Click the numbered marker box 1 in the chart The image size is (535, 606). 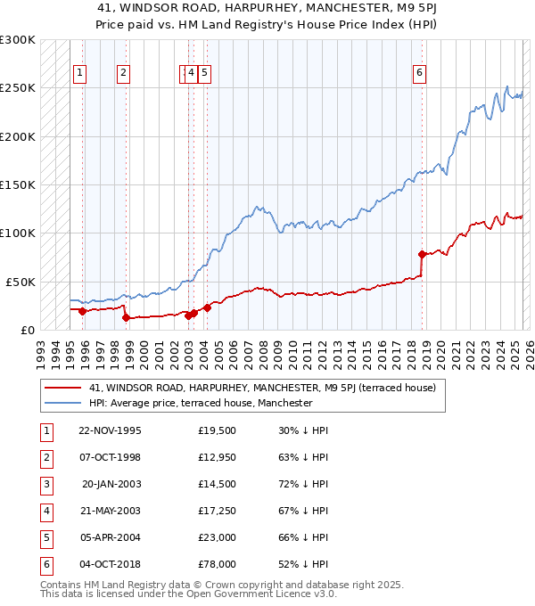(x=80, y=74)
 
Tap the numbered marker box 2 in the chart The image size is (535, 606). (x=123, y=74)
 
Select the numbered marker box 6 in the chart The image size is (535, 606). (x=419, y=74)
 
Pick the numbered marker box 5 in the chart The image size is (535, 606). (x=204, y=74)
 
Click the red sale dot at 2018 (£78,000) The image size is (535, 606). (x=422, y=254)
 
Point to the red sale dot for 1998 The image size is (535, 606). (x=126, y=316)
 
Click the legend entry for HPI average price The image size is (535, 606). (x=201, y=403)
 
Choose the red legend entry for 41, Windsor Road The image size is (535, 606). (x=262, y=388)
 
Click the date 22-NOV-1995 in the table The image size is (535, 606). (x=110, y=430)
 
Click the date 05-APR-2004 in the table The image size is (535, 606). (x=110, y=538)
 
